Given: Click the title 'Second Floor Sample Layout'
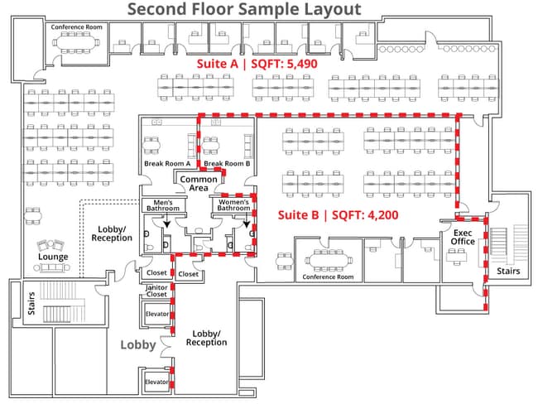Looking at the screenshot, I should click(x=244, y=10).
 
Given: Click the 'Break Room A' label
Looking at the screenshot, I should click(x=167, y=163).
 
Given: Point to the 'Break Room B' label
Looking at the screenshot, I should click(x=227, y=163).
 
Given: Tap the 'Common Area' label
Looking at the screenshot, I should click(x=199, y=184).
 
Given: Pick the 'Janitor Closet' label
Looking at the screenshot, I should click(x=156, y=291).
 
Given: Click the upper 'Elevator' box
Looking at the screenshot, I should click(x=157, y=315).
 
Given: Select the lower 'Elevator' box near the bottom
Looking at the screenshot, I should click(x=156, y=382).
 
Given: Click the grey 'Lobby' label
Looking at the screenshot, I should click(x=138, y=344).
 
